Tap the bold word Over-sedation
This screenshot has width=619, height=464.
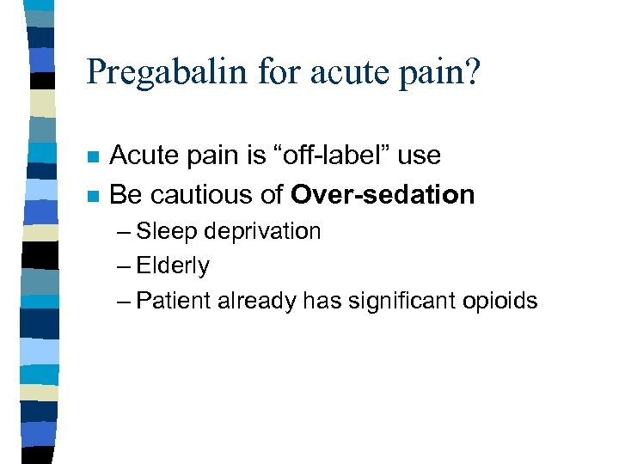point(383,195)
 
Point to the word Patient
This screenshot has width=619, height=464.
point(173,301)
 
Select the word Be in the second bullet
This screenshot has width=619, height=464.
point(125,195)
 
